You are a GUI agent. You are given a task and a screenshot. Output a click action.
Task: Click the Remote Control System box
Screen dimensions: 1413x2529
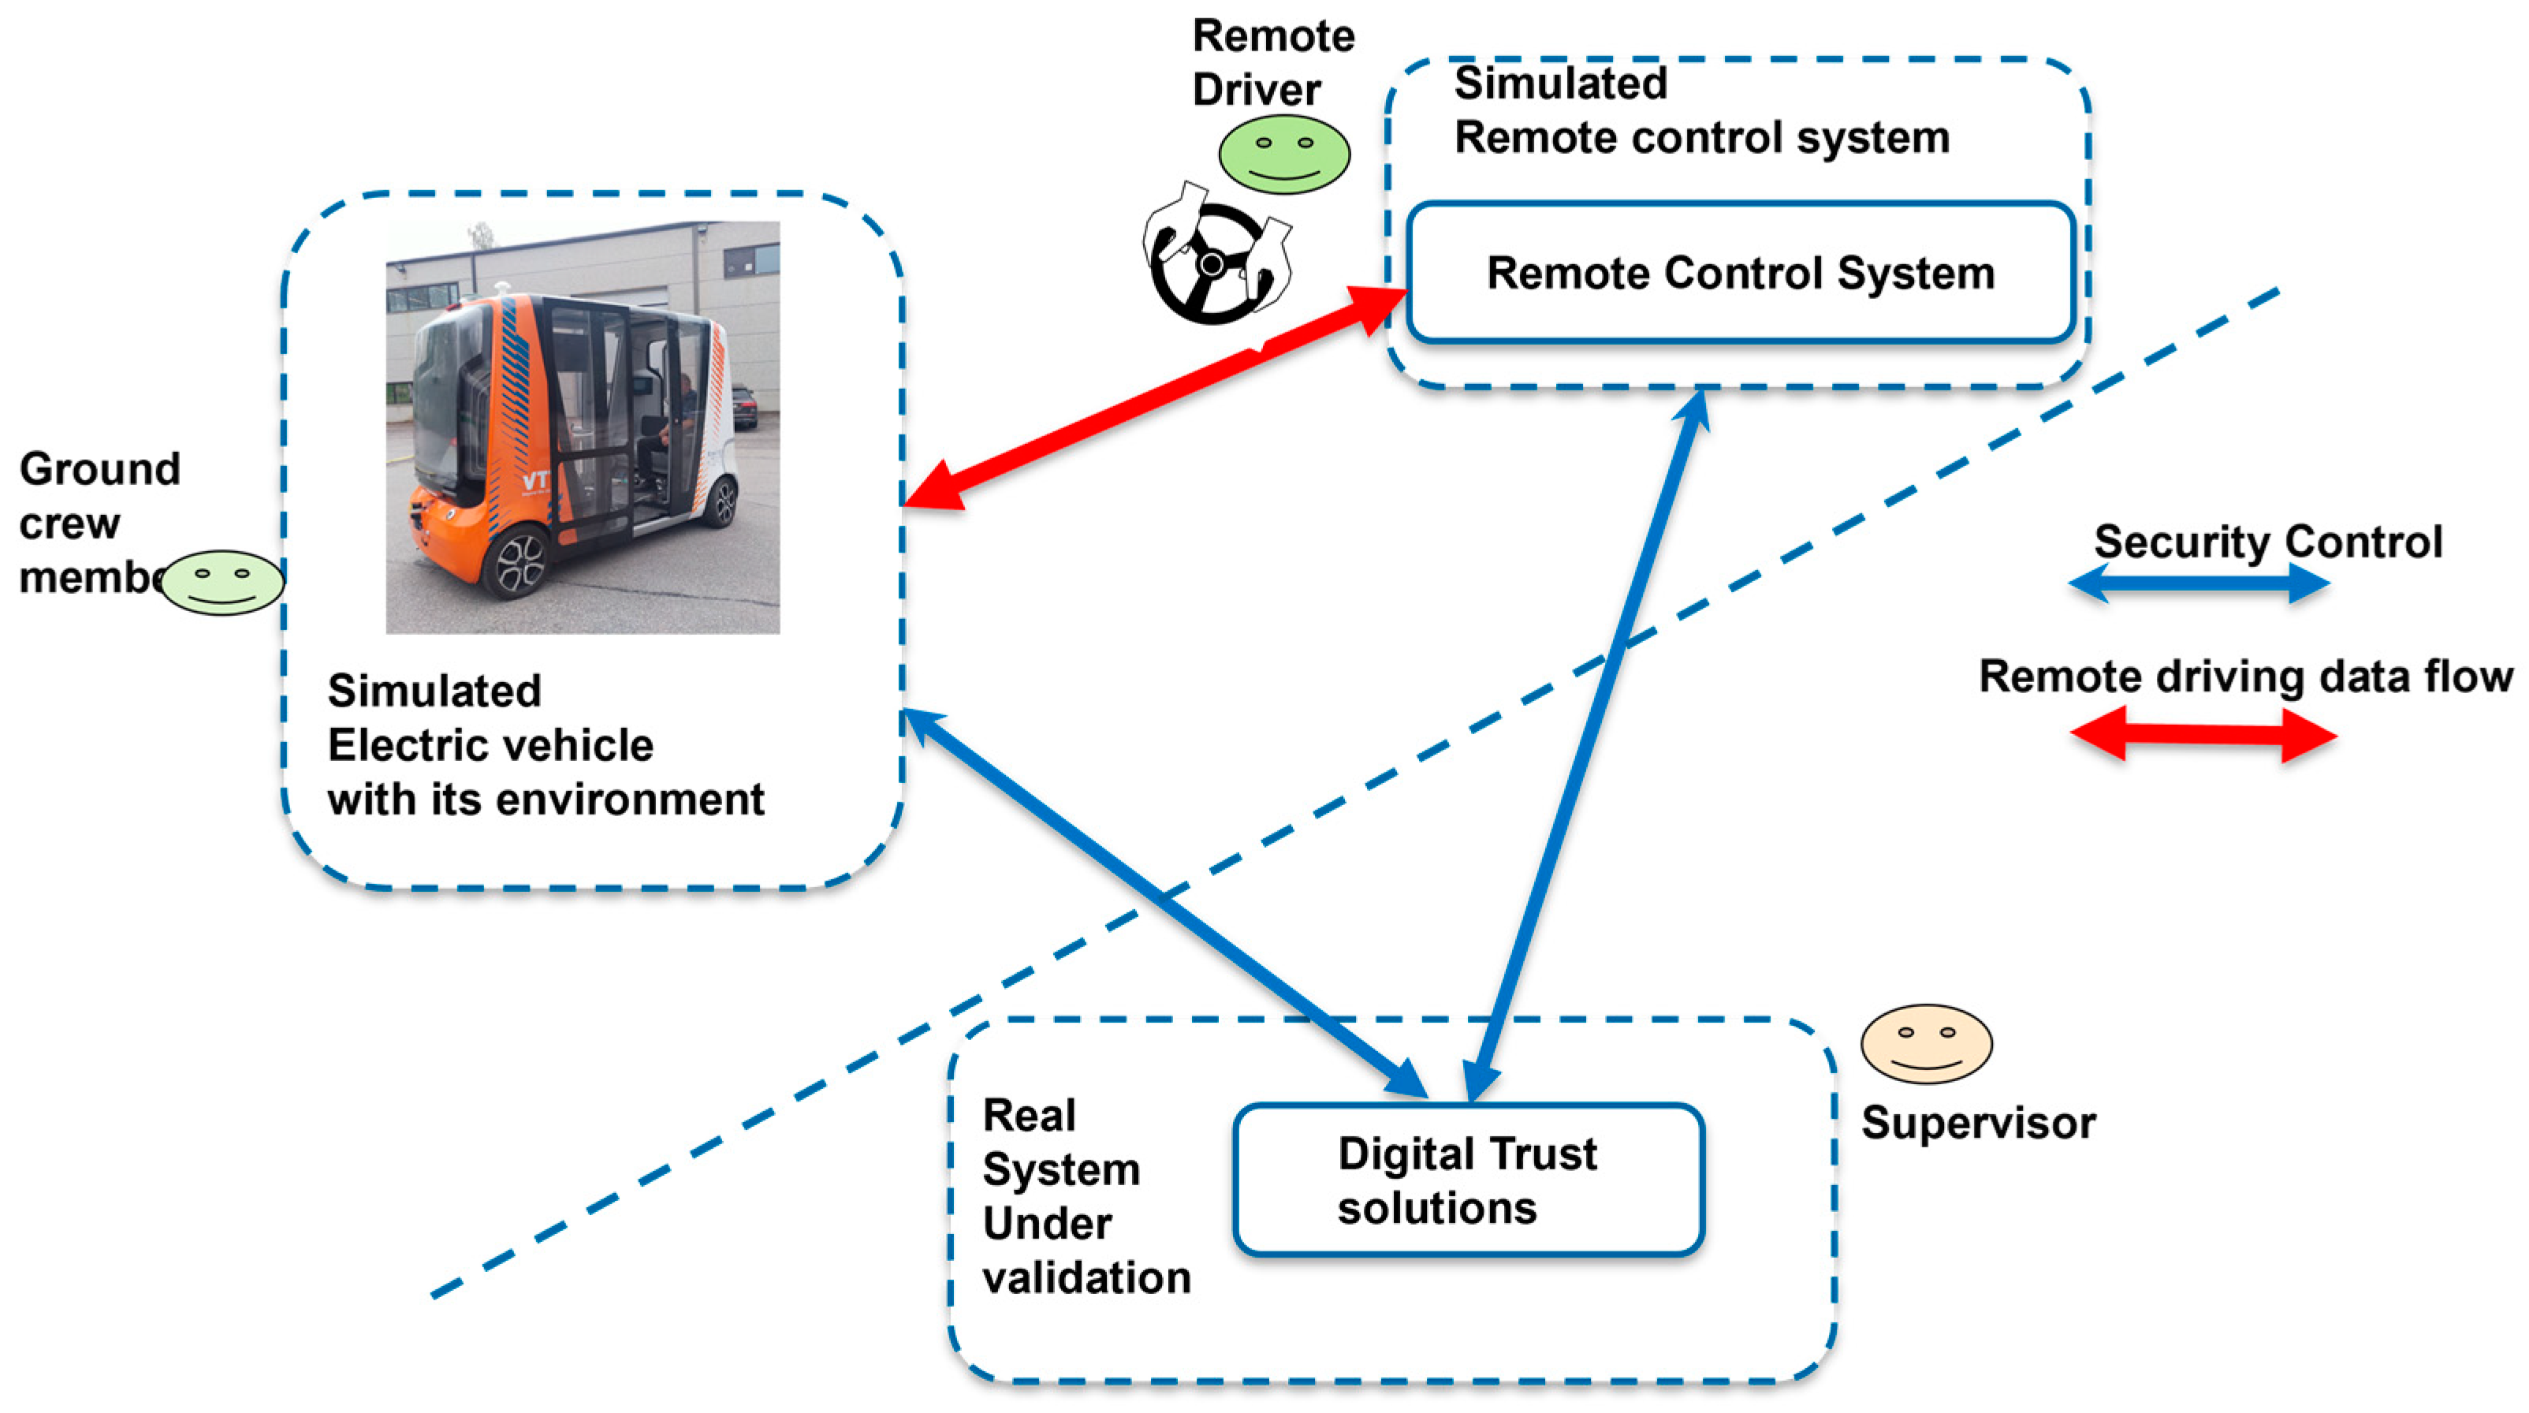pyautogui.click(x=1740, y=273)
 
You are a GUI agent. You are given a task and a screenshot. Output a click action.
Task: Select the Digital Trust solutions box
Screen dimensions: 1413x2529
pyautogui.click(x=1468, y=1180)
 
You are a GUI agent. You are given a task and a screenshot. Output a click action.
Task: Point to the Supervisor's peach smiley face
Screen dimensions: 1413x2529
pyautogui.click(x=1926, y=1044)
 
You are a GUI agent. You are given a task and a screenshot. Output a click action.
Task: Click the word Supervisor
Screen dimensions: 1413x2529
pyautogui.click(x=1977, y=1122)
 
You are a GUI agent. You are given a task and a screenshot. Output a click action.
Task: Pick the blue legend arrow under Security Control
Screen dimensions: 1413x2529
pyautogui.click(x=2199, y=584)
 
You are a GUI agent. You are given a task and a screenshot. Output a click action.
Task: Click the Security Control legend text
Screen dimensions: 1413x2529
pyautogui.click(x=2268, y=542)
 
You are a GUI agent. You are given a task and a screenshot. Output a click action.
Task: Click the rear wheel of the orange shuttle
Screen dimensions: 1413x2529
pyautogui.click(x=723, y=501)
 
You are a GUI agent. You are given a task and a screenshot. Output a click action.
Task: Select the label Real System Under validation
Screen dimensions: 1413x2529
pyautogui.click(x=1085, y=1196)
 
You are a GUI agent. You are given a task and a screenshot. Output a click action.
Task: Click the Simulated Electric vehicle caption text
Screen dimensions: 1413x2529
pyautogui.click(x=545, y=745)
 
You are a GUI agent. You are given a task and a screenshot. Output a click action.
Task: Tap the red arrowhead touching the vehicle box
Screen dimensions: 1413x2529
pyautogui.click(x=933, y=487)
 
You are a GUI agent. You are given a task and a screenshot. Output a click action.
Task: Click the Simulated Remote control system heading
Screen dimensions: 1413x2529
pyautogui.click(x=1700, y=110)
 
